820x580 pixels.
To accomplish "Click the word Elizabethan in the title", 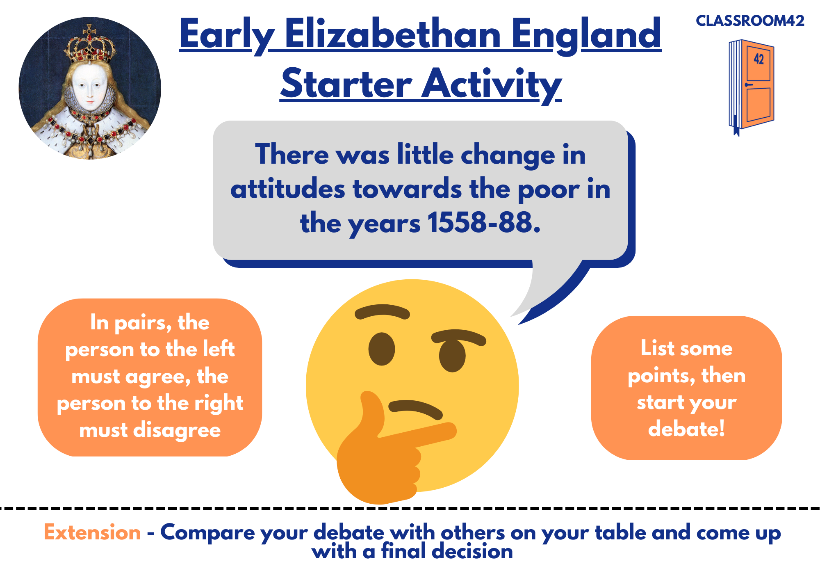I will (393, 35).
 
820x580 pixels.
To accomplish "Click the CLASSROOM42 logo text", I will (750, 21).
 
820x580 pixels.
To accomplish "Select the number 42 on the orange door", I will (759, 59).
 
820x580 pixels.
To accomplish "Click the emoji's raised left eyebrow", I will (382, 312).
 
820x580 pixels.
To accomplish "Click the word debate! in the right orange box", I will (686, 429).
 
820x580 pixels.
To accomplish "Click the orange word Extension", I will (92, 532).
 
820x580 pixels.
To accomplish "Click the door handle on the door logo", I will (749, 85).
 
